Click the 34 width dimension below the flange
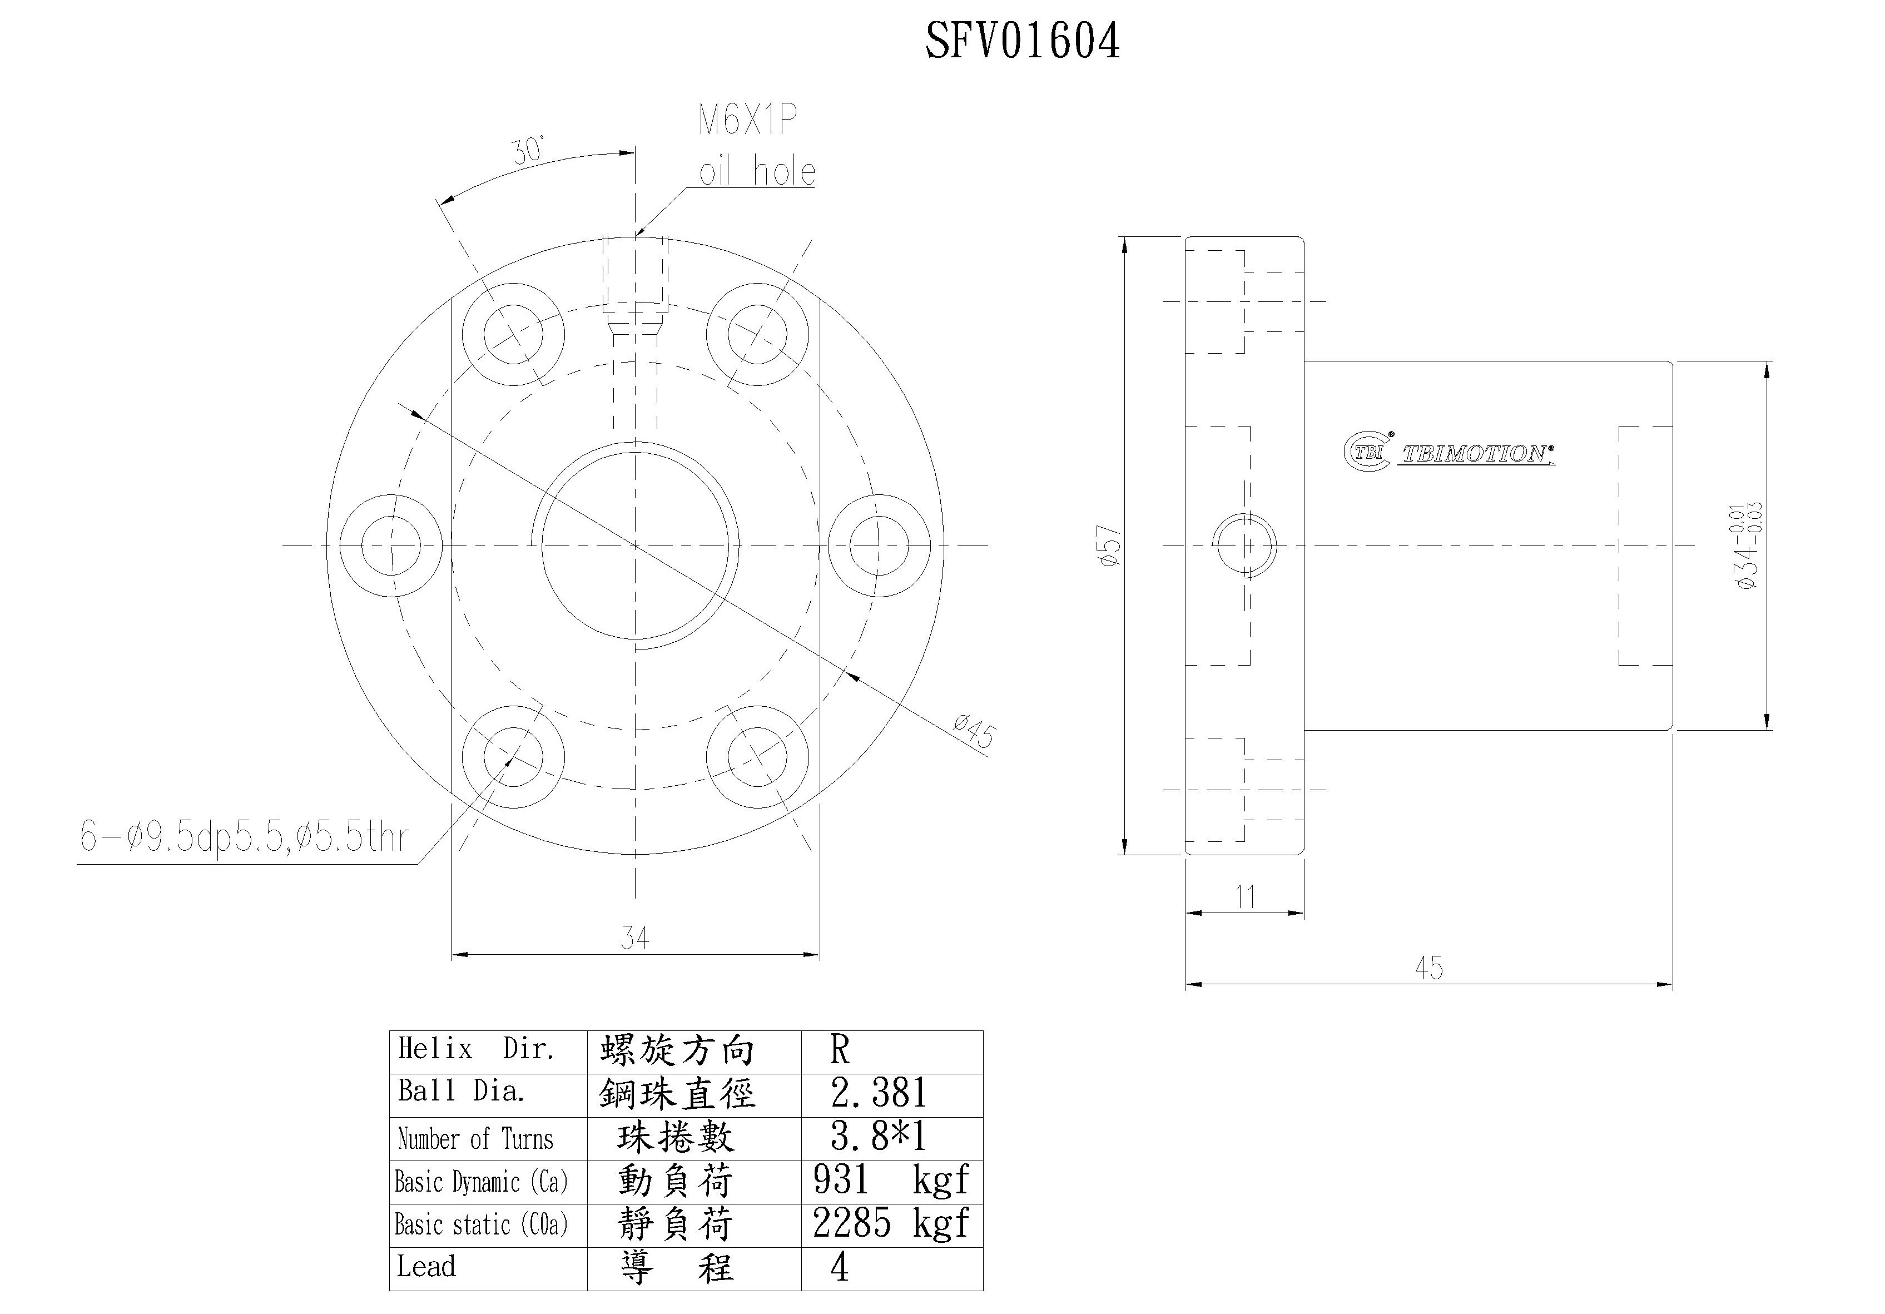coord(634,937)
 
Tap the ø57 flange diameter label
coord(1109,546)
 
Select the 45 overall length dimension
coord(1428,968)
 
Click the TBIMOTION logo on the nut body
coord(1449,453)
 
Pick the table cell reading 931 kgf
coord(891,1180)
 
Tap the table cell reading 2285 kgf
coord(891,1224)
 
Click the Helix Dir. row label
coord(476,1049)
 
